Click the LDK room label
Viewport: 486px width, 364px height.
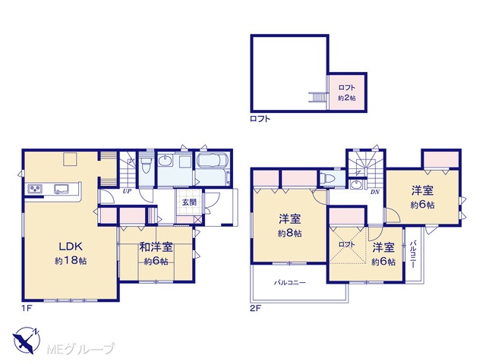pos(71,246)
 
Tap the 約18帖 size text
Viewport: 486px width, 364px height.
pos(71,261)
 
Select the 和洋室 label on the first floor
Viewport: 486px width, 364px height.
pos(156,247)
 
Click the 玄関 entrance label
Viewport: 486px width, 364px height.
pos(189,202)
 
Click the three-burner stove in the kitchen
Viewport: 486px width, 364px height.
pos(36,189)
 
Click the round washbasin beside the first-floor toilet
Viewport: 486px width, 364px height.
pos(164,160)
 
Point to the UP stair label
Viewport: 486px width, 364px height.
pos(127,191)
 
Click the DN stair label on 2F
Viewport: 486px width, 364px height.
pos(374,192)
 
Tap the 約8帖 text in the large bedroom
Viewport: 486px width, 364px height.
pos(289,234)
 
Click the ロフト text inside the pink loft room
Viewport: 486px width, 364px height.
pos(346,88)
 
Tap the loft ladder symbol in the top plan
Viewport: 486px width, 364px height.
pos(317,98)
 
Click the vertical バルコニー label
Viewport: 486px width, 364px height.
pos(413,254)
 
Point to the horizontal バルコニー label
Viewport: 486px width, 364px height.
pos(290,283)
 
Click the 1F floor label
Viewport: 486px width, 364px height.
pos(27,309)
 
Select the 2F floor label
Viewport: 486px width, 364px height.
pos(256,309)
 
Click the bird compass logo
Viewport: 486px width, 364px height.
pos(27,340)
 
